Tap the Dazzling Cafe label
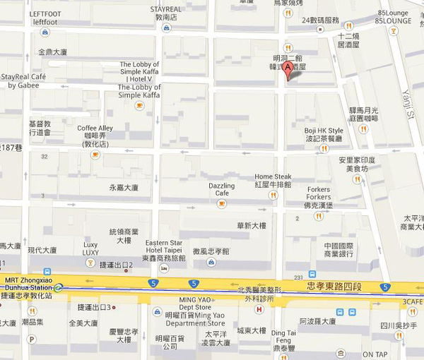click(221, 188)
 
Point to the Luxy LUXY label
click(90, 248)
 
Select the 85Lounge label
click(394, 16)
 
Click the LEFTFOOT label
click(45, 18)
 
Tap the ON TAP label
click(376, 354)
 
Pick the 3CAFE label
click(411, 301)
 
